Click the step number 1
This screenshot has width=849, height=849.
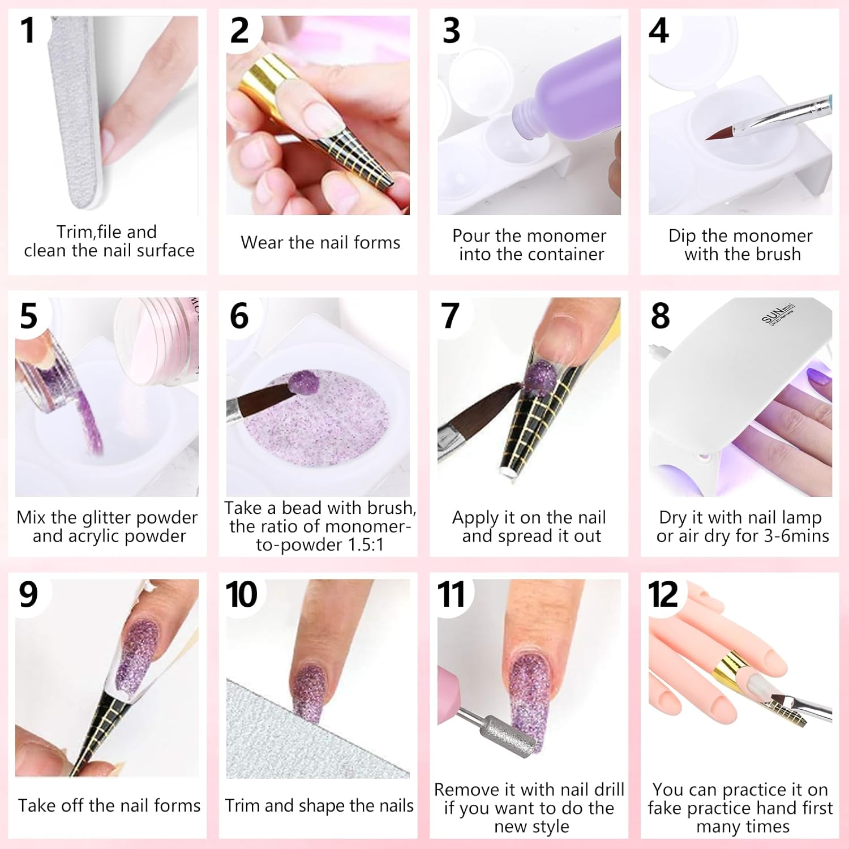[27, 31]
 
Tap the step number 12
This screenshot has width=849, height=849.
[662, 594]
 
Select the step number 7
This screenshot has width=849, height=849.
[450, 315]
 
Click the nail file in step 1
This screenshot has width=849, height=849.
[76, 113]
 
